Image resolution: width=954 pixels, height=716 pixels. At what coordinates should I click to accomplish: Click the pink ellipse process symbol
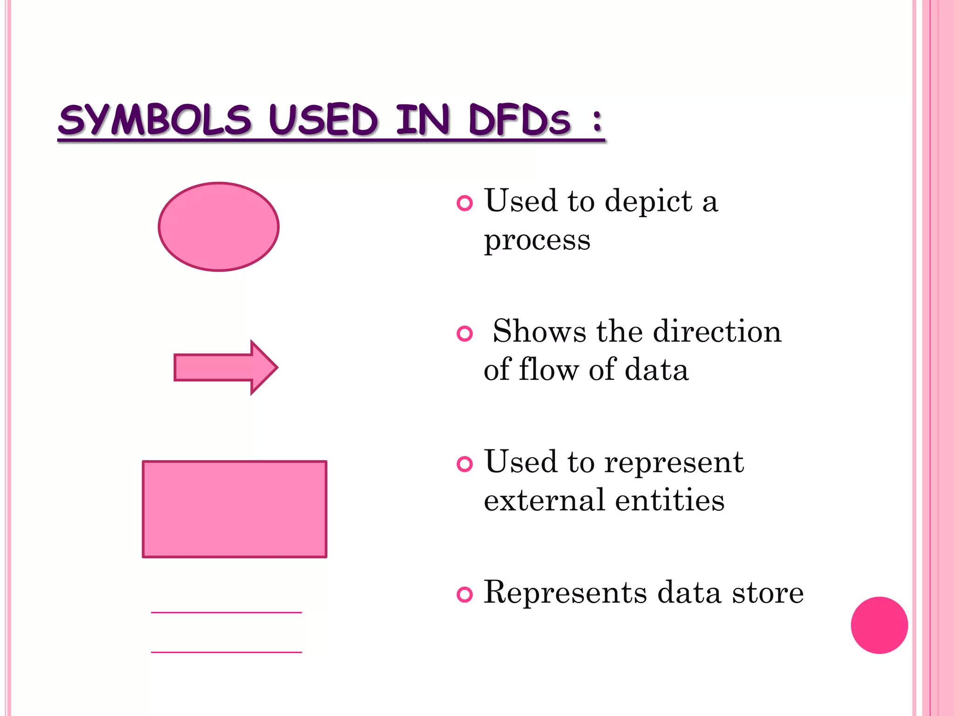coord(218,227)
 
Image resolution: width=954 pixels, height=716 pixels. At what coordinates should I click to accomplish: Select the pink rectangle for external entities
coord(234,509)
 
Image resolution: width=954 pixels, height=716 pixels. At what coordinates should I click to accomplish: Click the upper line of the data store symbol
coord(226,612)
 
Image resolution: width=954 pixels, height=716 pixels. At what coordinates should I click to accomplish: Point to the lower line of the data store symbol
coord(226,652)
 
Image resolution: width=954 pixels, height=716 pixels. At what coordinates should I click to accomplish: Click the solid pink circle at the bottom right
coord(879,625)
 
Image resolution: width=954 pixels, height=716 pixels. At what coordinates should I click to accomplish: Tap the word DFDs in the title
coord(519,120)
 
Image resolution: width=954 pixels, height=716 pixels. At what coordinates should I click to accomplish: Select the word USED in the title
coord(323,120)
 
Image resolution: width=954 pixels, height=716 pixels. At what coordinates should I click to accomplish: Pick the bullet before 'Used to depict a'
coord(464,203)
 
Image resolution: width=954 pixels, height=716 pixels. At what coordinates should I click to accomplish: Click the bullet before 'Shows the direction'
coord(464,333)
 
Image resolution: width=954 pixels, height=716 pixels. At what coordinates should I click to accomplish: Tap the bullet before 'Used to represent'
coord(464,464)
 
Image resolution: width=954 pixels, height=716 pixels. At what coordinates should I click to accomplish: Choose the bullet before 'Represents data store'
coord(464,594)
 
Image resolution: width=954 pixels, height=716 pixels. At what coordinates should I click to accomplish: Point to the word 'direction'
coord(717,331)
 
